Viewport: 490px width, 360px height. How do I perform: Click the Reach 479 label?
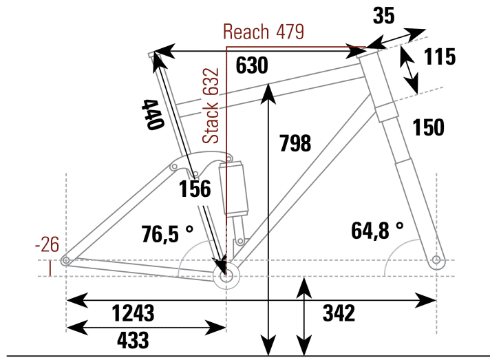click(x=264, y=32)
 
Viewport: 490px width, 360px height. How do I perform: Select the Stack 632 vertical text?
click(x=213, y=105)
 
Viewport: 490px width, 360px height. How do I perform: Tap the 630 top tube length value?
click(x=251, y=66)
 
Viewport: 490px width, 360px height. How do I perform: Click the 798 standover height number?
click(x=295, y=144)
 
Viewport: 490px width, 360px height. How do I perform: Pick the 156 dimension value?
click(x=195, y=189)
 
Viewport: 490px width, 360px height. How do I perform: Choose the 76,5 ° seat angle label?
click(x=158, y=233)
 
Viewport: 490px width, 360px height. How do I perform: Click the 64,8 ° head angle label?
click(x=377, y=231)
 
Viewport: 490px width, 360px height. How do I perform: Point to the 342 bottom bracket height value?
click(x=339, y=313)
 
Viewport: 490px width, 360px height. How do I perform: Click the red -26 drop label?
click(x=47, y=244)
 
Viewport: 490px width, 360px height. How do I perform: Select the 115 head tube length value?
click(x=439, y=57)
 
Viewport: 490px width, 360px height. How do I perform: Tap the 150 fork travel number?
click(x=428, y=127)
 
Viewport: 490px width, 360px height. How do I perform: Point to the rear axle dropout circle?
click(x=65, y=260)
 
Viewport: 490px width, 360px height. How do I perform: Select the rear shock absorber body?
click(x=233, y=188)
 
